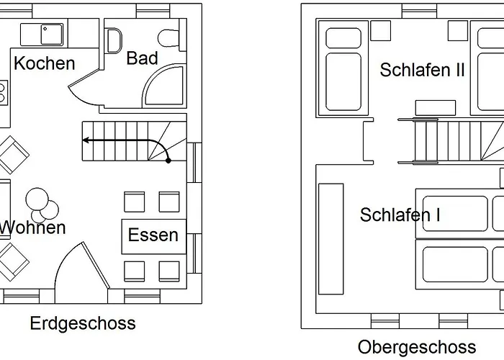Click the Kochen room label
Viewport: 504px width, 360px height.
point(44,63)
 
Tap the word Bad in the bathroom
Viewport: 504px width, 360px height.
point(142,58)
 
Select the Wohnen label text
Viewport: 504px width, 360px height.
point(33,228)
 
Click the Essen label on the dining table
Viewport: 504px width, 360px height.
point(153,235)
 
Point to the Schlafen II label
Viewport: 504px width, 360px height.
point(423,70)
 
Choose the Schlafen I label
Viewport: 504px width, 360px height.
point(400,215)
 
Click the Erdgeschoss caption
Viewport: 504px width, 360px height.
point(83,324)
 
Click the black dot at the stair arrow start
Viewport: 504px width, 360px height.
point(168,160)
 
